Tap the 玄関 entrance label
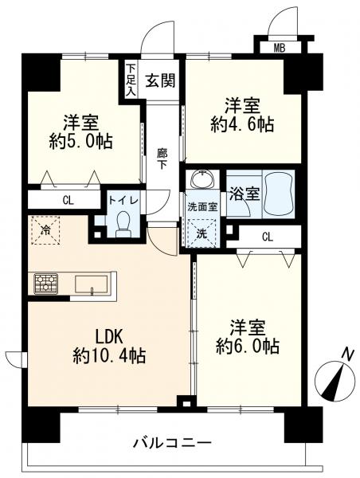coord(162,79)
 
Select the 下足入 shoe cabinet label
coord(131,80)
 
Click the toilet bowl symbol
coord(122,225)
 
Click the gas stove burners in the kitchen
coord(45,283)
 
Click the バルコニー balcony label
coord(171,442)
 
